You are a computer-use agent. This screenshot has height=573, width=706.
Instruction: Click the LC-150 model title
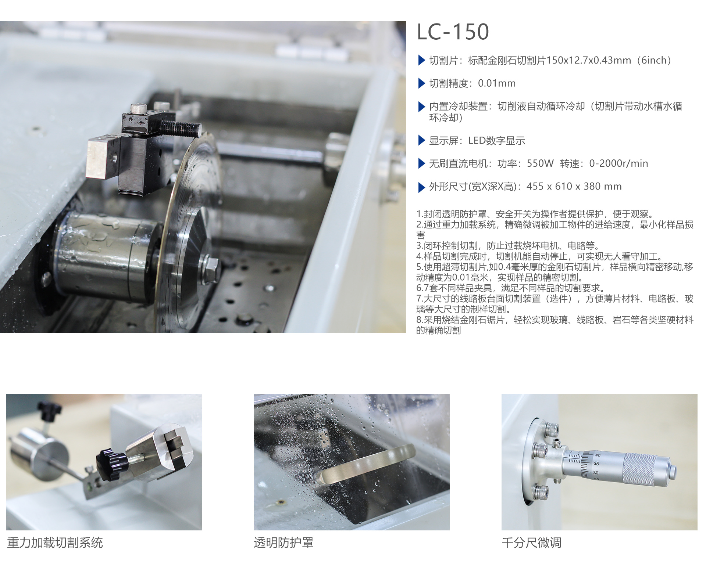[x=453, y=32]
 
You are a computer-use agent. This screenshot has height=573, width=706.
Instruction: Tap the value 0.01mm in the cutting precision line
[x=497, y=83]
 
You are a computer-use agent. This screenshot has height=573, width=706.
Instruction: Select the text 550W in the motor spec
[x=540, y=163]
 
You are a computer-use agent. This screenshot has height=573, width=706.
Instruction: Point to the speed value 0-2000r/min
[x=618, y=163]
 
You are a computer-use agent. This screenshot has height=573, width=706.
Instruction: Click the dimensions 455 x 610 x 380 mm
[x=574, y=187]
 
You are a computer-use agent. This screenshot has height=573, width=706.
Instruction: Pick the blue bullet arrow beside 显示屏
[x=422, y=140]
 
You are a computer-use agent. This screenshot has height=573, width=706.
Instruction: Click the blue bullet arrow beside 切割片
[x=422, y=60]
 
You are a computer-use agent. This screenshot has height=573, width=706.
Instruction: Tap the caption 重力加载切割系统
[x=55, y=543]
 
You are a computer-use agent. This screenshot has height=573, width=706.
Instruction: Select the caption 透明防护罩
[x=284, y=543]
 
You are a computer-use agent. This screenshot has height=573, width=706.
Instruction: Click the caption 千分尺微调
[x=531, y=543]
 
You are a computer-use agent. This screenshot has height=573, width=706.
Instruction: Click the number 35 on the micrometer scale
[x=596, y=464]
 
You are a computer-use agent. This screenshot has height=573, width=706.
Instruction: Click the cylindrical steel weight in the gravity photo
[x=39, y=454]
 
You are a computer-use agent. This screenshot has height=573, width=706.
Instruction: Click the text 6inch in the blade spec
[x=654, y=60]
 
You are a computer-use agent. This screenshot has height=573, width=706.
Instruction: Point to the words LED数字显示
[x=496, y=141]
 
